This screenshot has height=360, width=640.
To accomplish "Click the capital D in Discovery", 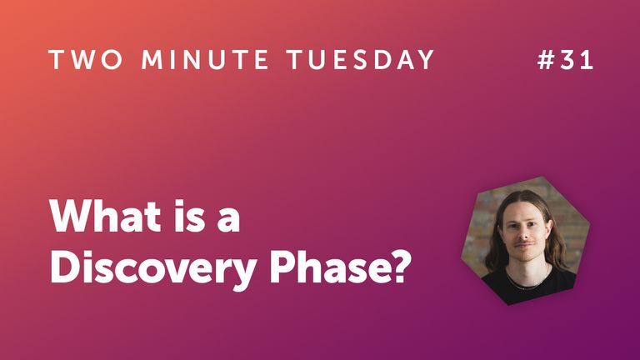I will (64, 267).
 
